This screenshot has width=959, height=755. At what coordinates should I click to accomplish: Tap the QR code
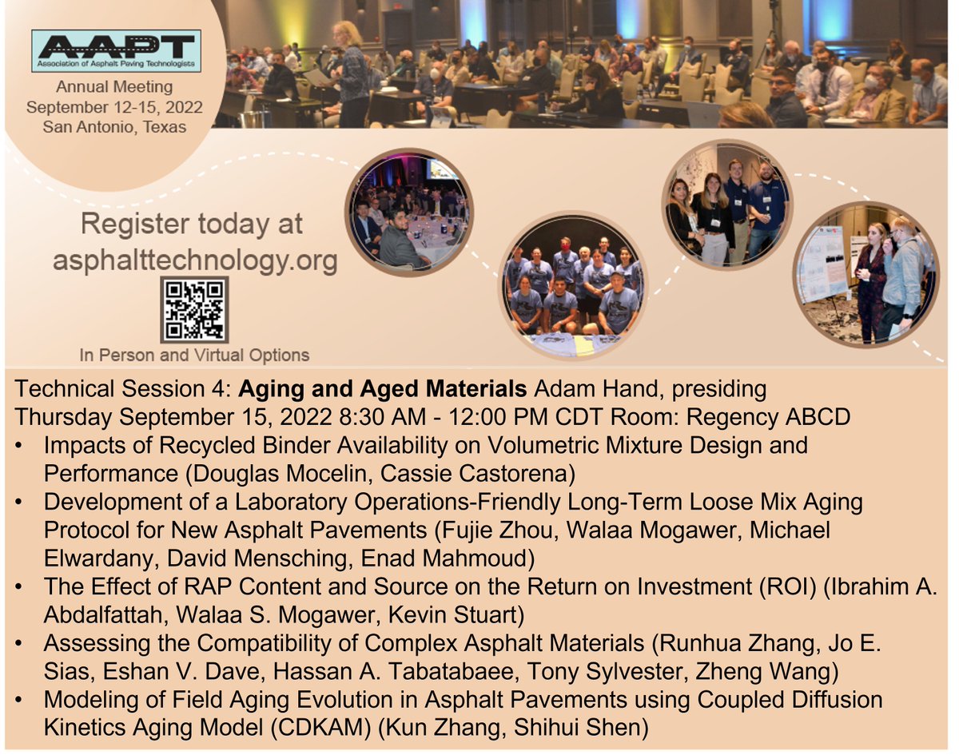point(194,310)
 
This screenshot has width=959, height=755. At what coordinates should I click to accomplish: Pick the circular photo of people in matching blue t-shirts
point(574,284)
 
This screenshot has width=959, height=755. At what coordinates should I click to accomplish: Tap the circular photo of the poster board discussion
point(866,273)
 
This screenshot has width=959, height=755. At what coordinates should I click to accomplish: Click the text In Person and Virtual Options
point(194,355)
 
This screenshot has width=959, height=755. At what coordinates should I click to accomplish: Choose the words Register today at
point(192,225)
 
